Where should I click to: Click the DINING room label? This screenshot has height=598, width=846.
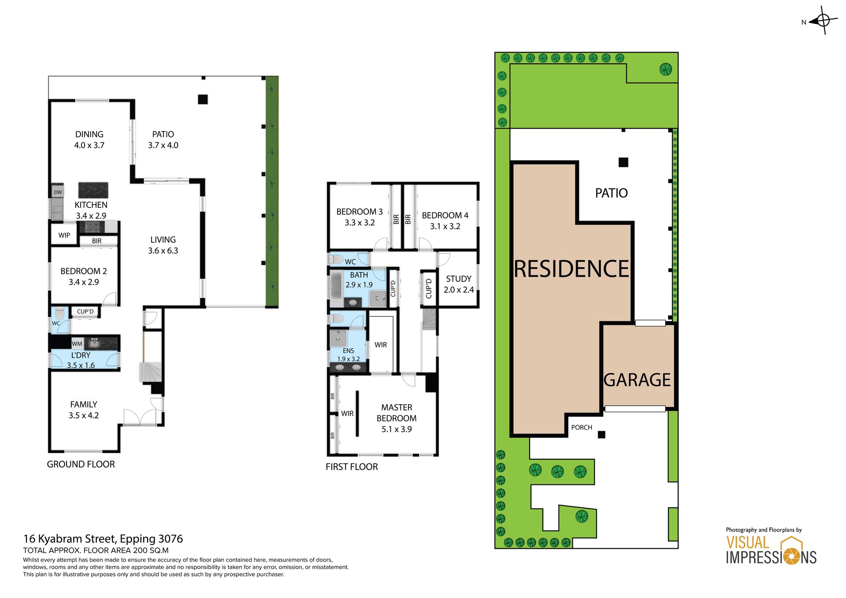89,134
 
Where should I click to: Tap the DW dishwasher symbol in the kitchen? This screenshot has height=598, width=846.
58,192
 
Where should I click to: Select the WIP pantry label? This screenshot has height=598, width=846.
64,235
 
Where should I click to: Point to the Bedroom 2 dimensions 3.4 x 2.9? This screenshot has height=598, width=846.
84,282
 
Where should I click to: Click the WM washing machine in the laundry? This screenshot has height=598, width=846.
77,344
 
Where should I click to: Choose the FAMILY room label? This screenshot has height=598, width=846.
84,404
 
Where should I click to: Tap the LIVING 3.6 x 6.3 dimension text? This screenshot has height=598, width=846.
163,251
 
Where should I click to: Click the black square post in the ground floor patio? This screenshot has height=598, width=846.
203,100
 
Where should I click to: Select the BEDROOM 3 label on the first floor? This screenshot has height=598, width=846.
360,212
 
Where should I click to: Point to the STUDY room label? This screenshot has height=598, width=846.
459,279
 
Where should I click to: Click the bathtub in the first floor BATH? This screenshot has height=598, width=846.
336,286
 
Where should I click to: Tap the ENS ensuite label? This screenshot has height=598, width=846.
348,351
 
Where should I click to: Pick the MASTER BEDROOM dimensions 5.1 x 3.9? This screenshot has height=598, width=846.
397,429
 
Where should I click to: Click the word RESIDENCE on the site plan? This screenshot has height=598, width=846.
571,269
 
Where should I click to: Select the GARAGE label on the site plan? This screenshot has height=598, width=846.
637,380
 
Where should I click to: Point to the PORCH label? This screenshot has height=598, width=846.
582,428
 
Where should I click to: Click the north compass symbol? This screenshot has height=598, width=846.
823,20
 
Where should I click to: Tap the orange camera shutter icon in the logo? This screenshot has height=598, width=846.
791,557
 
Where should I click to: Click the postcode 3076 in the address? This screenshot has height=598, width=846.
171,539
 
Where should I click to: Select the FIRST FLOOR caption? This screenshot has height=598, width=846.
352,467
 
